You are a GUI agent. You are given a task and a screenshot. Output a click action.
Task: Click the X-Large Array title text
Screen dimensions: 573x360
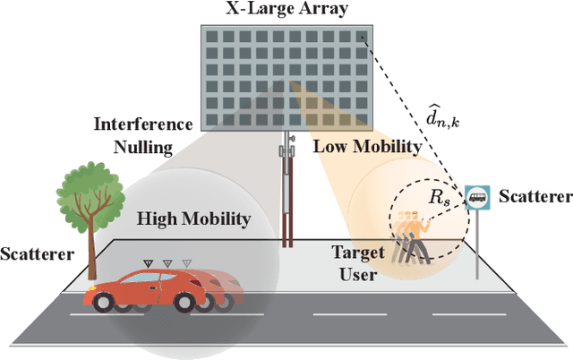pos(286,10)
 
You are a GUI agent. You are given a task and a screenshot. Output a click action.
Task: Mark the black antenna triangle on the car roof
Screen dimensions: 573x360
pos(149,263)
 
